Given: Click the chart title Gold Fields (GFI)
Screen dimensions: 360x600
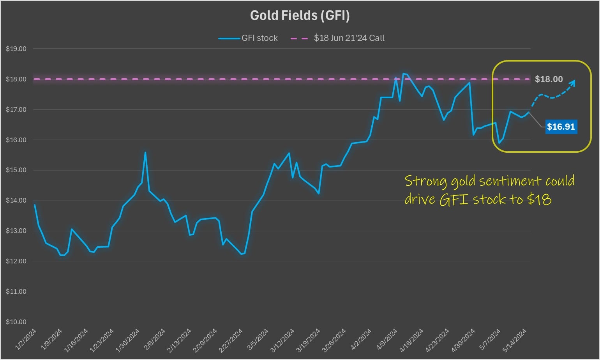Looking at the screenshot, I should (x=300, y=15).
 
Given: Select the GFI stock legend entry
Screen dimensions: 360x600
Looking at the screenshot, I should (x=248, y=38).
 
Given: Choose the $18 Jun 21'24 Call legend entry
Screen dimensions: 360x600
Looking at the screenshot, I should (x=338, y=38).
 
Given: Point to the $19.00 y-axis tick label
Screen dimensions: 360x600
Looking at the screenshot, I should (x=16, y=49).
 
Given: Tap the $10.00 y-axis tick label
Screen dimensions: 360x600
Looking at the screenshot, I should (x=16, y=322).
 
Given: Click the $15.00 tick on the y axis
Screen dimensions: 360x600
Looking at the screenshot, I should (x=16, y=170).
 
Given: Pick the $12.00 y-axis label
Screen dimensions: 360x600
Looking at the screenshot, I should (x=16, y=261).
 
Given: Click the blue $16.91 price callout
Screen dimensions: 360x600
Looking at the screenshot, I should (x=561, y=127).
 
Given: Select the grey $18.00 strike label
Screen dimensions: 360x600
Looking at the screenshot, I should (x=549, y=79).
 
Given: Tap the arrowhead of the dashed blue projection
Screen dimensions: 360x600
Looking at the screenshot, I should (x=573, y=82).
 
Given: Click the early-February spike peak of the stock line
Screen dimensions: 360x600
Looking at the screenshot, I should (x=145, y=152).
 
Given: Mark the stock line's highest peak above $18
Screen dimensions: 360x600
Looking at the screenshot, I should (x=404, y=73).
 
